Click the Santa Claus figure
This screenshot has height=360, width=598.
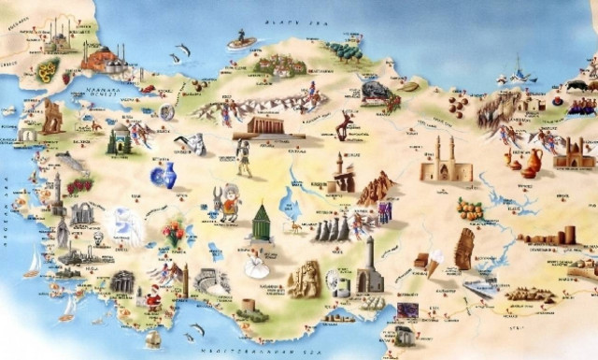tap(151, 301)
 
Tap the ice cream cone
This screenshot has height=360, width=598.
tap(434, 263)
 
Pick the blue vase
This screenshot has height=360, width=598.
tap(166, 175)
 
